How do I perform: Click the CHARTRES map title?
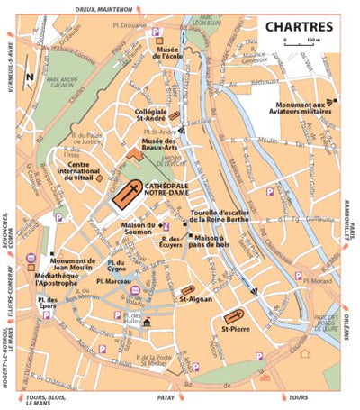[x=300, y=26]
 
